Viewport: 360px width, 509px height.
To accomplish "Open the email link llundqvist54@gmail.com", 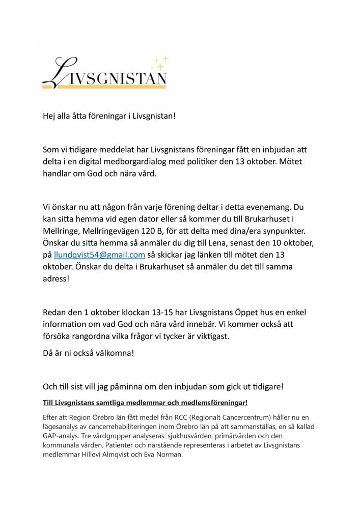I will (x=99, y=254).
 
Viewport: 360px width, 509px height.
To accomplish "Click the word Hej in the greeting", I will (x=49, y=116).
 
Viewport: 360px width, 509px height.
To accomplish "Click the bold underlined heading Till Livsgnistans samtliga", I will (x=145, y=403).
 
